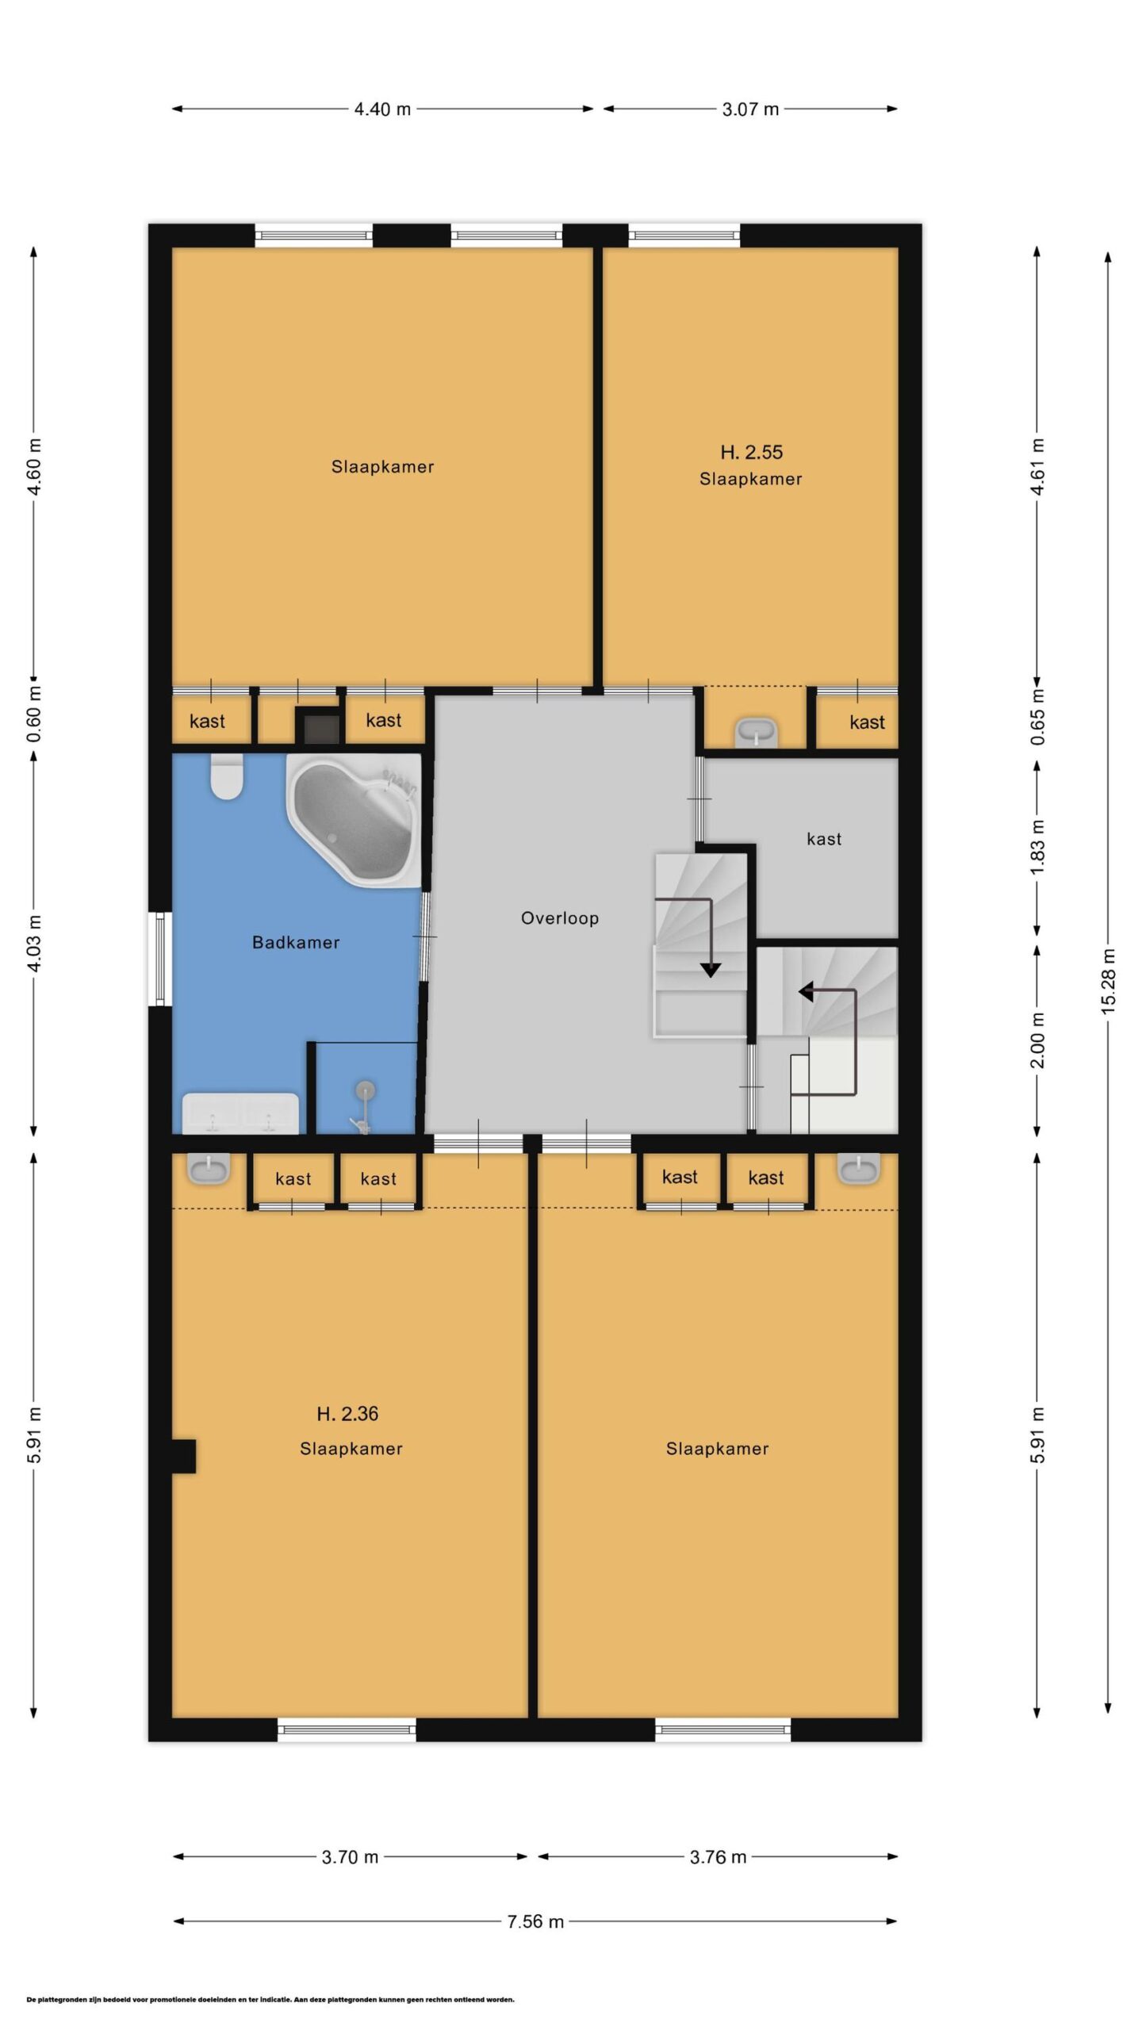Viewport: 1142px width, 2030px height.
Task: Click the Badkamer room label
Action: tap(296, 942)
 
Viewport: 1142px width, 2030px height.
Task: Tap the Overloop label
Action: tap(560, 918)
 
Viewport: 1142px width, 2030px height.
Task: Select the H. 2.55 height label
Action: tap(751, 452)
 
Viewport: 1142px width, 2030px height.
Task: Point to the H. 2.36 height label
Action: tap(347, 1413)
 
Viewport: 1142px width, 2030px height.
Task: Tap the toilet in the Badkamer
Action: tap(227, 776)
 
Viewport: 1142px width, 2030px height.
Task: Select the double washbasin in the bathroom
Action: tap(240, 1113)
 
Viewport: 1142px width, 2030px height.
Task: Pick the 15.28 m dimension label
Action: tap(1108, 981)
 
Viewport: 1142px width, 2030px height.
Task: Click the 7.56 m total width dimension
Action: tap(535, 1921)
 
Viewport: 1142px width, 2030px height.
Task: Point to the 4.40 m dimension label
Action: tap(382, 109)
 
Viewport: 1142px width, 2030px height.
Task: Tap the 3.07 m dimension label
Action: tap(750, 109)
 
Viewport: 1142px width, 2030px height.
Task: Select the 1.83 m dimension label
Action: tap(1037, 847)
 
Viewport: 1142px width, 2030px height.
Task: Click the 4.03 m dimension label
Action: tap(34, 943)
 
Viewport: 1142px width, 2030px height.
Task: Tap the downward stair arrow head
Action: tap(710, 969)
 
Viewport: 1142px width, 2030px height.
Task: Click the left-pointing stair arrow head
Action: tap(805, 991)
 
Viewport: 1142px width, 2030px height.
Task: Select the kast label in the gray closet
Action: tap(824, 839)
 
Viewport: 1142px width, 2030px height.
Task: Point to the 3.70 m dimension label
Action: tap(350, 1857)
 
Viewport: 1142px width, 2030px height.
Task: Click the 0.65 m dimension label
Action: tap(1037, 718)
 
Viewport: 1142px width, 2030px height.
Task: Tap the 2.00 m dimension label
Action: tap(1037, 1040)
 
